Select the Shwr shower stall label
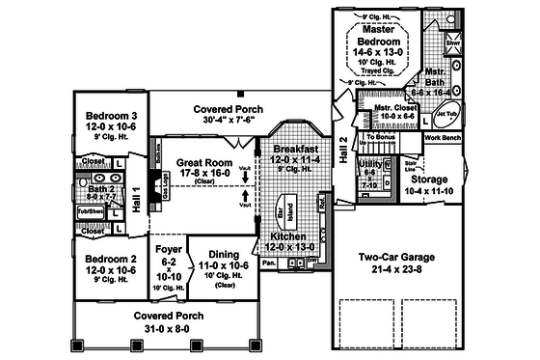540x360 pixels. point(453,44)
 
